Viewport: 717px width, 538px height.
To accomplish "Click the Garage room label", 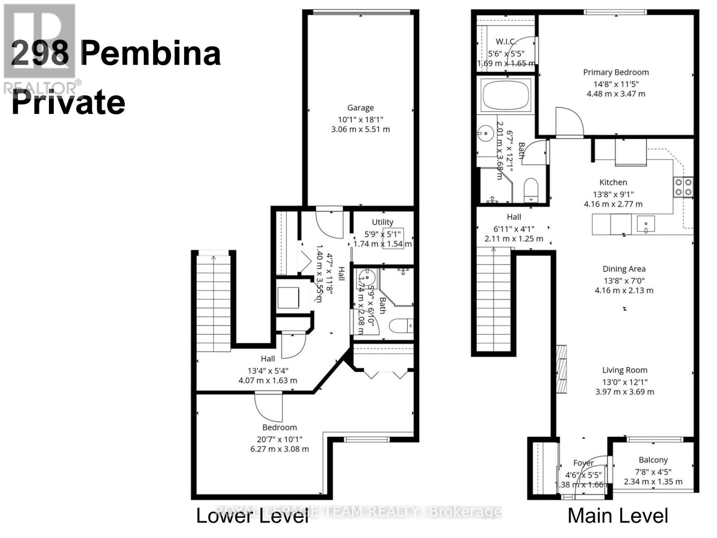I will (x=360, y=108).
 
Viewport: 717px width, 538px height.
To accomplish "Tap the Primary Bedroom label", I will (x=616, y=72).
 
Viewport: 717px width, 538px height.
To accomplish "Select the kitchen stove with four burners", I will (x=683, y=187).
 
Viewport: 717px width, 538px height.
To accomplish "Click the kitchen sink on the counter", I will (x=645, y=223).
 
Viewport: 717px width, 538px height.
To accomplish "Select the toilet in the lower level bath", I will (x=401, y=325).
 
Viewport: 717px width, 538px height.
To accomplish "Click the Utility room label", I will (x=382, y=222).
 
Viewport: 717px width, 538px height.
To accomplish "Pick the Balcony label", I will (x=653, y=460).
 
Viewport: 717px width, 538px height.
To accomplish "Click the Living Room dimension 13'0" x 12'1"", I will (x=625, y=382).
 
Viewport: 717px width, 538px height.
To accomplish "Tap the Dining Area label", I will (x=624, y=269).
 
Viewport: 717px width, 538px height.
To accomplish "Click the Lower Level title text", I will (x=252, y=516).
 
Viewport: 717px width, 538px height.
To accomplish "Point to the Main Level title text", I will (x=618, y=516).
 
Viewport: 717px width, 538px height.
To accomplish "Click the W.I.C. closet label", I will (x=506, y=42).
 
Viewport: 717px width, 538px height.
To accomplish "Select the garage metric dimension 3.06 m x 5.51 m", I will (x=360, y=130).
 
